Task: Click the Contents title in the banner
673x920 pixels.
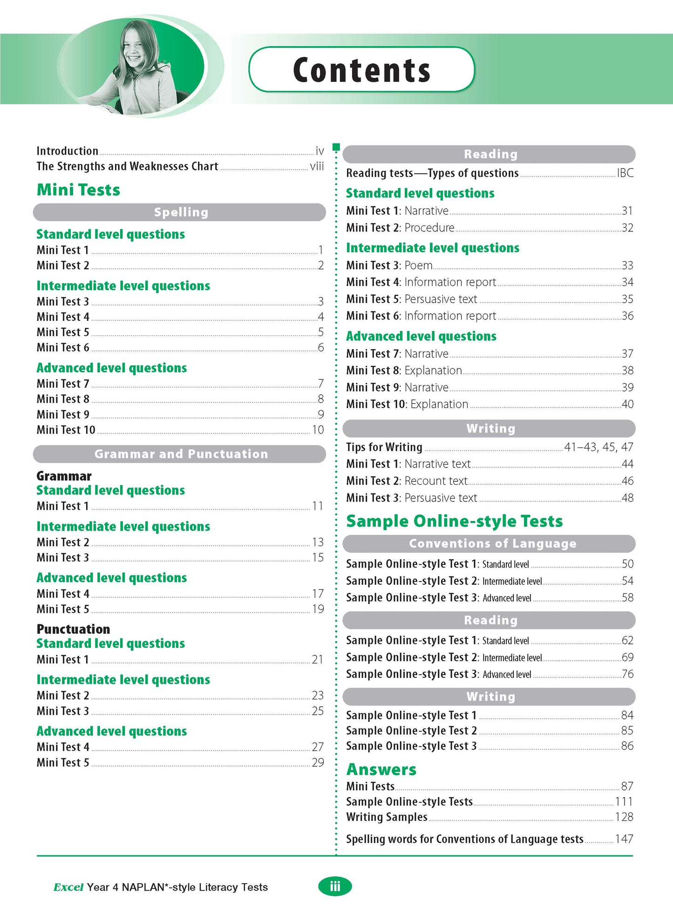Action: (x=361, y=70)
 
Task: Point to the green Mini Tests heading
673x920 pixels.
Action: (x=78, y=190)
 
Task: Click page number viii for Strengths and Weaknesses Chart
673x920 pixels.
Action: (x=317, y=166)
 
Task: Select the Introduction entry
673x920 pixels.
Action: (x=68, y=151)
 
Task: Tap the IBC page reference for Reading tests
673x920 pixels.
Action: (x=625, y=173)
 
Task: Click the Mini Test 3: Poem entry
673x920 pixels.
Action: (x=389, y=265)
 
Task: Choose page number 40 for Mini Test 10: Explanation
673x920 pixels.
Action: (x=627, y=404)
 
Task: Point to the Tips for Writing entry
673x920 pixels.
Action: (x=384, y=447)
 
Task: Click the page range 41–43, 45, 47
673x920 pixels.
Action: (x=598, y=447)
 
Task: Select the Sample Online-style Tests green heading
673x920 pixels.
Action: (x=454, y=521)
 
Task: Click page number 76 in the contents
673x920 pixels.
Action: (x=627, y=674)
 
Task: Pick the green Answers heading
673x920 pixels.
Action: (x=381, y=770)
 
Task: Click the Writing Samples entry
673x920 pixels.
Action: (x=387, y=817)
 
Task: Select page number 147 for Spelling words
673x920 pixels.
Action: (x=624, y=839)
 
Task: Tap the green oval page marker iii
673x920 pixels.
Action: (x=335, y=887)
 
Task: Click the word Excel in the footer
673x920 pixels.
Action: (x=68, y=887)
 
